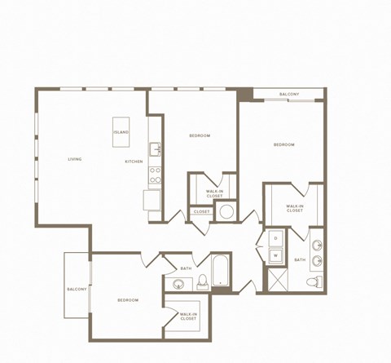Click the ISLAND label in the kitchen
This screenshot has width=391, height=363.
coord(121,132)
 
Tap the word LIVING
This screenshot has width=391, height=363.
coord(75,159)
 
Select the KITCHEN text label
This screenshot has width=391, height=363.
coord(134,162)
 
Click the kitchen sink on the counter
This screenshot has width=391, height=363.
coord(155,148)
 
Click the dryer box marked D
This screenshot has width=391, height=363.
coord(275,238)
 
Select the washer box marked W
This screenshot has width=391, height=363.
coord(275,255)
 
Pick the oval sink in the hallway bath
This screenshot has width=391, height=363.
coord(179,284)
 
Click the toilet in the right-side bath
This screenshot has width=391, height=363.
coord(310,282)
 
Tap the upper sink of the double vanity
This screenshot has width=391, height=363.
coord(316,244)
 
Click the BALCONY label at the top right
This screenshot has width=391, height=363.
coord(289,95)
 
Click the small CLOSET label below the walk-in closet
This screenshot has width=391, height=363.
coord(201,212)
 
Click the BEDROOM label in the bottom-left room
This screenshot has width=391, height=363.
coord(128,300)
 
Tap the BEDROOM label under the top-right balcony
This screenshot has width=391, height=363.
coord(283,144)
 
